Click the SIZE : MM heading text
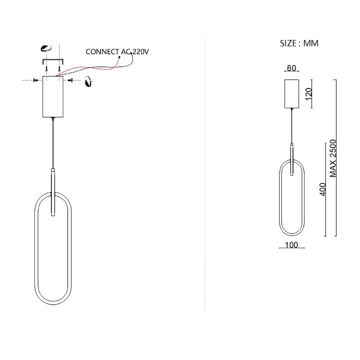point(299,43)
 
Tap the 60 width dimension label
point(291,68)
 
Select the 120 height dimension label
point(308,93)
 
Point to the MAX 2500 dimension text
point(332,158)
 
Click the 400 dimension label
point(323,189)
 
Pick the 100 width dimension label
point(291,245)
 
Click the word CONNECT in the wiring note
point(102,51)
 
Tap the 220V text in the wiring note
point(140,51)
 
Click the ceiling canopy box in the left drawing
point(53,96)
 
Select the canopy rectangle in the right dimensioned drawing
point(292,93)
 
